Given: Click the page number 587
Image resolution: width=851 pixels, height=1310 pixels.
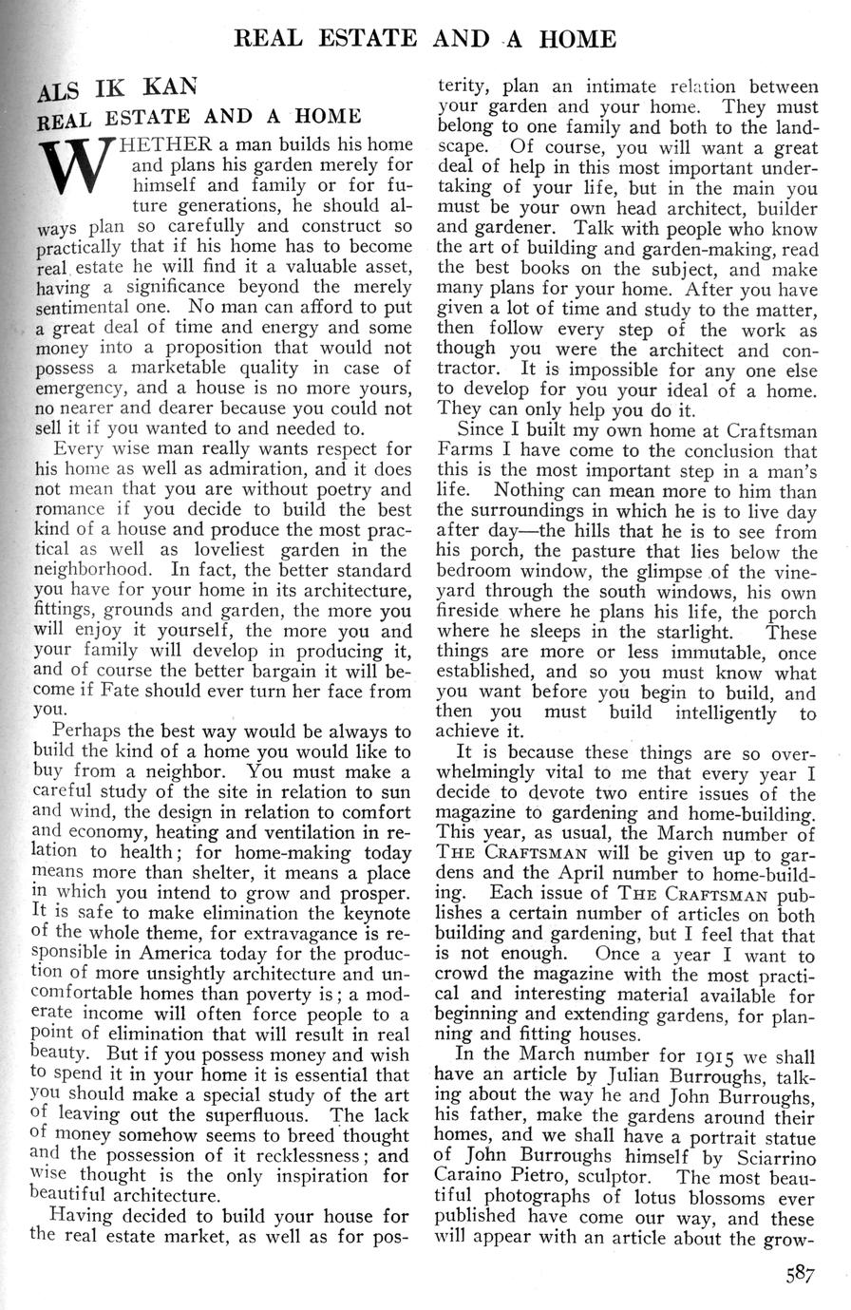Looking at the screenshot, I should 800,1276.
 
